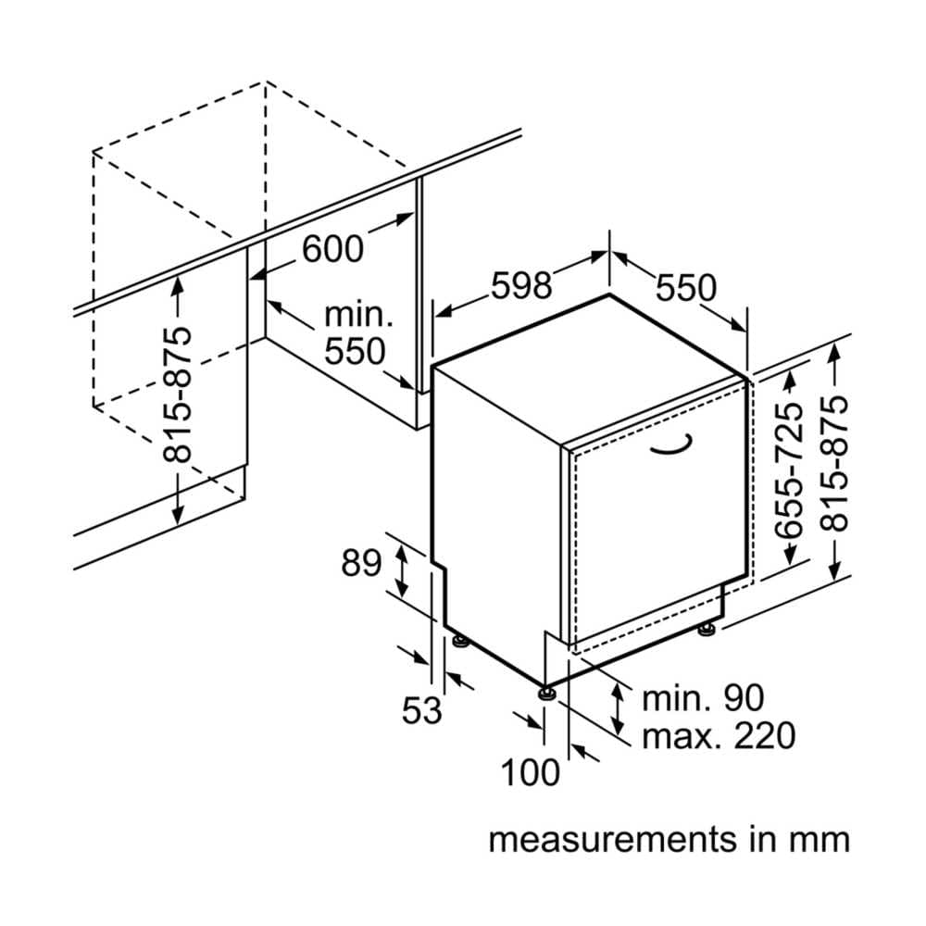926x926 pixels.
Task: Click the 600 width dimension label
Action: [x=333, y=248]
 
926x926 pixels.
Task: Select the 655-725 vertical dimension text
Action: [x=789, y=470]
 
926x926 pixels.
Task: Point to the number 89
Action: [x=361, y=563]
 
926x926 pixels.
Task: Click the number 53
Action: [x=422, y=711]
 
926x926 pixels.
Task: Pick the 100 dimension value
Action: [x=531, y=771]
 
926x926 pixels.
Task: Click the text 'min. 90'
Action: [x=704, y=697]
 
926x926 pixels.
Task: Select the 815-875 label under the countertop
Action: [x=179, y=394]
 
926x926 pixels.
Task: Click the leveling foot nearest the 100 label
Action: [x=545, y=691]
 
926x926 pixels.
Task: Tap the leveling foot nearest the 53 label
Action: [x=458, y=641]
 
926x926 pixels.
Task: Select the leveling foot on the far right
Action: [x=707, y=629]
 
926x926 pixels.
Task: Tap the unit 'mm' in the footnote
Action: [x=819, y=840]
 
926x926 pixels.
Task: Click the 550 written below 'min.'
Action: [x=354, y=352]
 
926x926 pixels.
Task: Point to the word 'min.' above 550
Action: [x=358, y=315]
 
